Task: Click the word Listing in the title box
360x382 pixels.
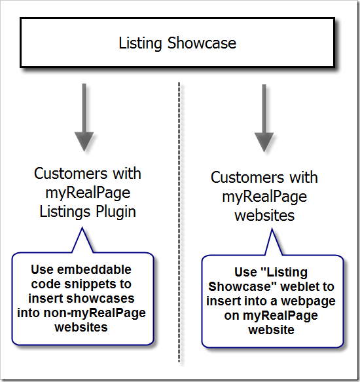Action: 140,44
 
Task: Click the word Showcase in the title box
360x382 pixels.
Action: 202,43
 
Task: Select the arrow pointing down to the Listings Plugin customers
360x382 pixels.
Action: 84,117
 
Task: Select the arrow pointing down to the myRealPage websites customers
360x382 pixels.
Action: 264,118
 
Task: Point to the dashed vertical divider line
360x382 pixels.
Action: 179,222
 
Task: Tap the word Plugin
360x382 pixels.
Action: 116,212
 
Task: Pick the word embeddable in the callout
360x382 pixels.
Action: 94,269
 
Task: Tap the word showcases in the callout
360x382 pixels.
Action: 100,298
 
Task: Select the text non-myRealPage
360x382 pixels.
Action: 95,313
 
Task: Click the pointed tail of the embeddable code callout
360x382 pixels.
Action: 82,227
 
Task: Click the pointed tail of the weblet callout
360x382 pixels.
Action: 272,229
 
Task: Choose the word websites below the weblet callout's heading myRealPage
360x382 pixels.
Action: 264,216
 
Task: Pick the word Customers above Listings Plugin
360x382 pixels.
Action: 71,174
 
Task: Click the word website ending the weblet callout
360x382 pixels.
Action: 271,330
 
